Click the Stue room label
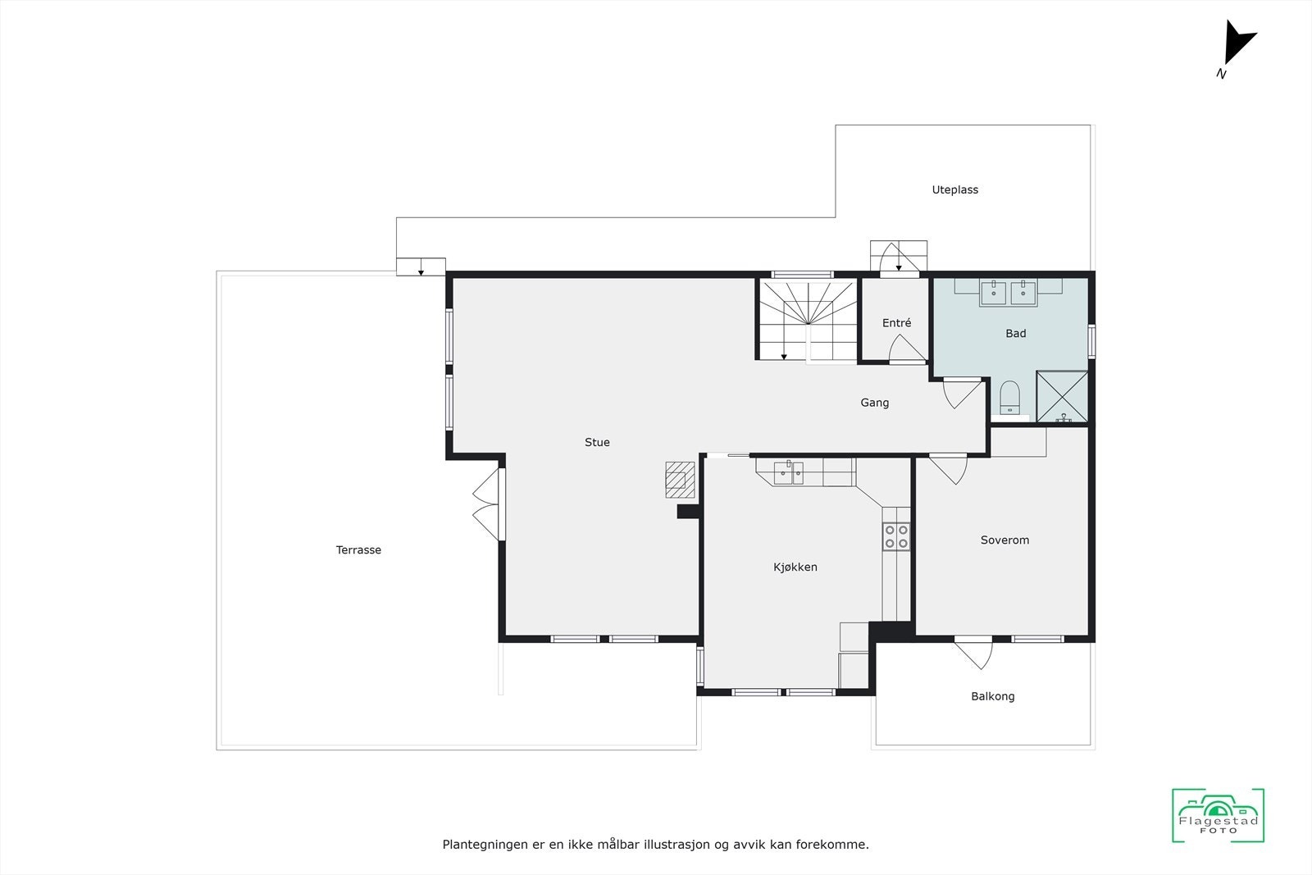(x=597, y=442)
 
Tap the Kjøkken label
(x=795, y=567)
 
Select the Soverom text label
(x=1004, y=540)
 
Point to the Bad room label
(x=1015, y=333)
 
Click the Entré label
(x=896, y=323)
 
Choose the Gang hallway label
(x=874, y=403)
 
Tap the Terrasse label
(x=358, y=550)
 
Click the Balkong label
(x=992, y=696)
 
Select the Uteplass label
(x=954, y=189)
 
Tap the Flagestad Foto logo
(x=1218, y=815)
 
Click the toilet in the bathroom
(x=1009, y=398)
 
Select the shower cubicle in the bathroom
(x=1062, y=397)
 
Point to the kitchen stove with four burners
(x=896, y=536)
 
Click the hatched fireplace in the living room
(x=680, y=479)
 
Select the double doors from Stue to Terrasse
(x=486, y=504)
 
